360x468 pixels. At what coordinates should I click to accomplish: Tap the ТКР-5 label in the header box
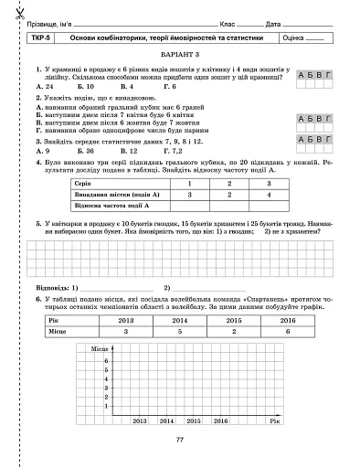(39, 39)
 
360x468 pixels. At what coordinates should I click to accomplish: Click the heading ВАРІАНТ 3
(179, 56)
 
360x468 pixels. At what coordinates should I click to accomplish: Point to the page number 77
(179, 441)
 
